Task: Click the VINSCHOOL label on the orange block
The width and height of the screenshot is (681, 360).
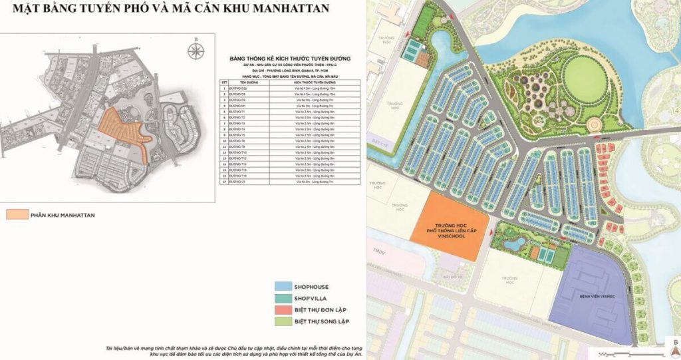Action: (x=452, y=234)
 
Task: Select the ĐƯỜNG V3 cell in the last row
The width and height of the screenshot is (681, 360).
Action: (x=236, y=181)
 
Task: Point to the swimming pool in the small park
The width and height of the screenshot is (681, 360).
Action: (x=511, y=244)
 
